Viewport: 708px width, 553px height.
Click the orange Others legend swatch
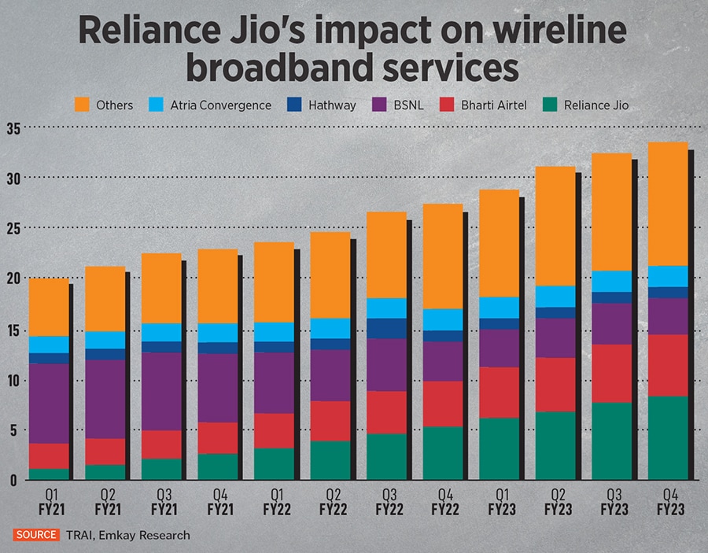(x=83, y=105)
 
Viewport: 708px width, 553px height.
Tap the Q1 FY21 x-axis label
(x=49, y=503)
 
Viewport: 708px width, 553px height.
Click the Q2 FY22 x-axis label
(x=330, y=503)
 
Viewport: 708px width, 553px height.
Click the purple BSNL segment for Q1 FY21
(x=49, y=404)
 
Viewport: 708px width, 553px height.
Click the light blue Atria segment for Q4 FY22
(x=442, y=319)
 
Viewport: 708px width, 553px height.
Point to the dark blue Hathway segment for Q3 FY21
(x=161, y=347)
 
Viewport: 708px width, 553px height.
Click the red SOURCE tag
(x=35, y=535)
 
